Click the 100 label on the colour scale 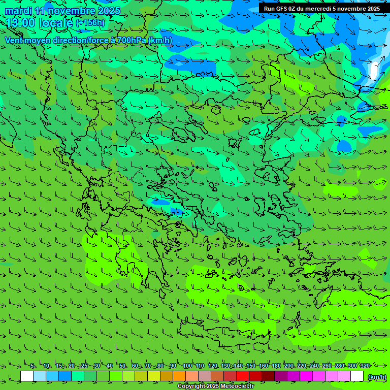pos(187,366)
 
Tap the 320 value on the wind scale pos(365,366)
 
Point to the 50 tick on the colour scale pos(122,366)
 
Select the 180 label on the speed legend pos(276,366)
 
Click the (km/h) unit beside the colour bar pos(376,376)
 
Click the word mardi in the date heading pos(17,11)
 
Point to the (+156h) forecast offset pos(90,23)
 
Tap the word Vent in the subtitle pos(14,40)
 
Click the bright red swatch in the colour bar pos(243,376)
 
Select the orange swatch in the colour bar pos(179,376)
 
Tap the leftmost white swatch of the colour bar pos(27,376)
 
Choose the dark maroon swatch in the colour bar pos(268,376)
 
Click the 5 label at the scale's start pos(32,366)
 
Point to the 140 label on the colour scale pos(238,366)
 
